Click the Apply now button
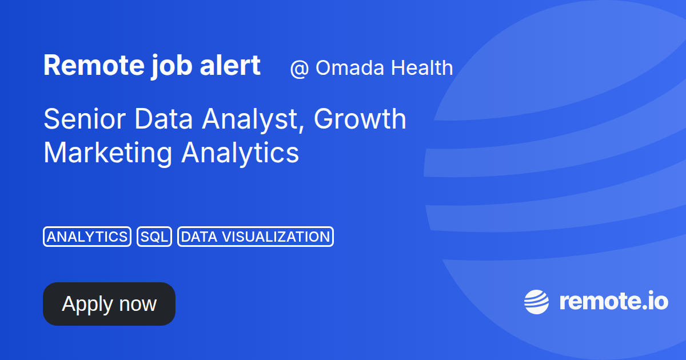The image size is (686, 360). pos(109,303)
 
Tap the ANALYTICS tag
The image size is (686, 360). pos(87,237)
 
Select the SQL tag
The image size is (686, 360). pos(154,237)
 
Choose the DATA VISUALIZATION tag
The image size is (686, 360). pos(256,237)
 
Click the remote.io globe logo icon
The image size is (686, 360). pos(536,302)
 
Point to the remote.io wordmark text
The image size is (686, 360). pos(614,302)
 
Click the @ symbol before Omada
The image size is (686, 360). pos(299,69)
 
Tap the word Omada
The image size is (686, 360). pos(350,67)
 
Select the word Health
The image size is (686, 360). pos(422,67)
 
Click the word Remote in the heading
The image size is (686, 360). pos(94,65)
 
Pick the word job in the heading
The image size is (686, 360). pos(172,66)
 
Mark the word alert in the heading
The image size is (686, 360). pos(230,65)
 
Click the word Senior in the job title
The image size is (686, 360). pos(85,119)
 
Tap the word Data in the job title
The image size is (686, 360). pos(163,119)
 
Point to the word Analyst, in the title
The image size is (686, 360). pos(253,121)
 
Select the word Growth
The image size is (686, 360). pos(360,119)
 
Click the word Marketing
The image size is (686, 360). pos(108,154)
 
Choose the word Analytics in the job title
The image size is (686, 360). pos(240,154)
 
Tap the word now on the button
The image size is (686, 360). pos(138,304)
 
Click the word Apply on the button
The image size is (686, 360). pos(87,305)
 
